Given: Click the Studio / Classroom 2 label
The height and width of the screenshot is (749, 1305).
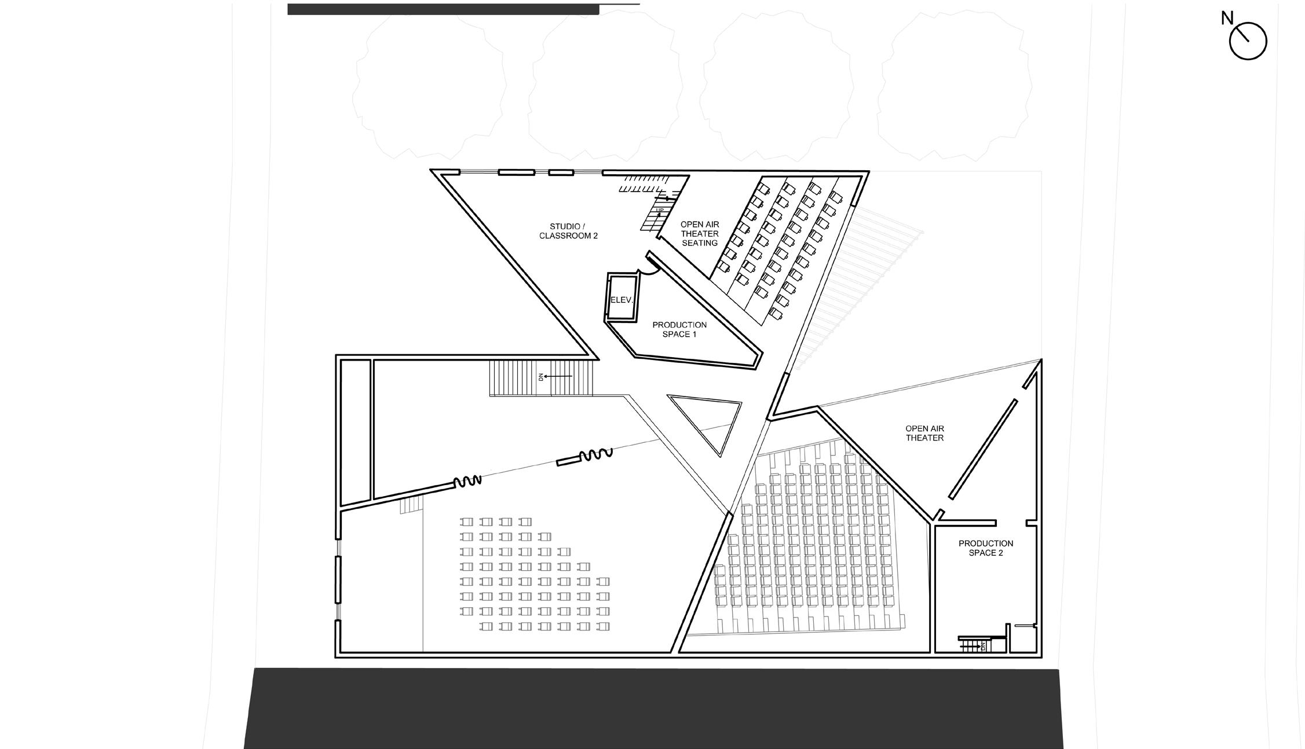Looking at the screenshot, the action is point(568,231).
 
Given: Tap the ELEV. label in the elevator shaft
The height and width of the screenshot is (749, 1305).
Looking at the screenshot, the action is point(621,300).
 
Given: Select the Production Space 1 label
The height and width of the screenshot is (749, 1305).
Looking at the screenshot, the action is point(679,329).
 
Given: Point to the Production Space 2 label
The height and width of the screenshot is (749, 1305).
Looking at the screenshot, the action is point(985,548).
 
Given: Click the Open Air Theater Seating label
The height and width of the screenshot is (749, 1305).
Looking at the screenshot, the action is point(699,234).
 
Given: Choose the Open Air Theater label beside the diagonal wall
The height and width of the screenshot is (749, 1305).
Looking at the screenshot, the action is point(924,434).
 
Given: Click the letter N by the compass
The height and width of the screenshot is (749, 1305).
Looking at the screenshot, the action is point(1226,19).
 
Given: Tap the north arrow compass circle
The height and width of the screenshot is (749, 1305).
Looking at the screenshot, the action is point(1248,41).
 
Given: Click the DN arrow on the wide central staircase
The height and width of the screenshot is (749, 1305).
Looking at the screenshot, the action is point(556,377).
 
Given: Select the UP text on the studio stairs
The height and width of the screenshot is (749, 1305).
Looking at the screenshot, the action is point(660,210).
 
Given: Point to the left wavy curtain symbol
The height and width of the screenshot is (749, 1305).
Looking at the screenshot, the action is point(467,481).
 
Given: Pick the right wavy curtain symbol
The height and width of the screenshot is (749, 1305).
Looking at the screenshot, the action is point(595,455).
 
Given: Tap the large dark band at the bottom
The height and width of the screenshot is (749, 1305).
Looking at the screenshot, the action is point(653,708).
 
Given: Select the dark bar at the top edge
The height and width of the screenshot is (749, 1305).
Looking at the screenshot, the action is point(443,9).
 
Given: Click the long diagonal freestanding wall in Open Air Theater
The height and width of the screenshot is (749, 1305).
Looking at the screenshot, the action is point(982,449).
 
